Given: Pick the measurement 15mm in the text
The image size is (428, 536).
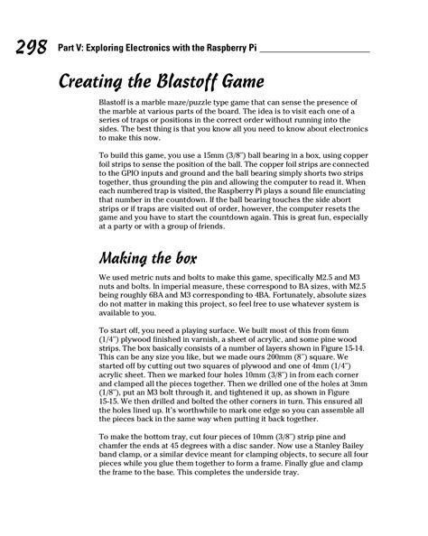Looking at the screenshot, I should point(233,156).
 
